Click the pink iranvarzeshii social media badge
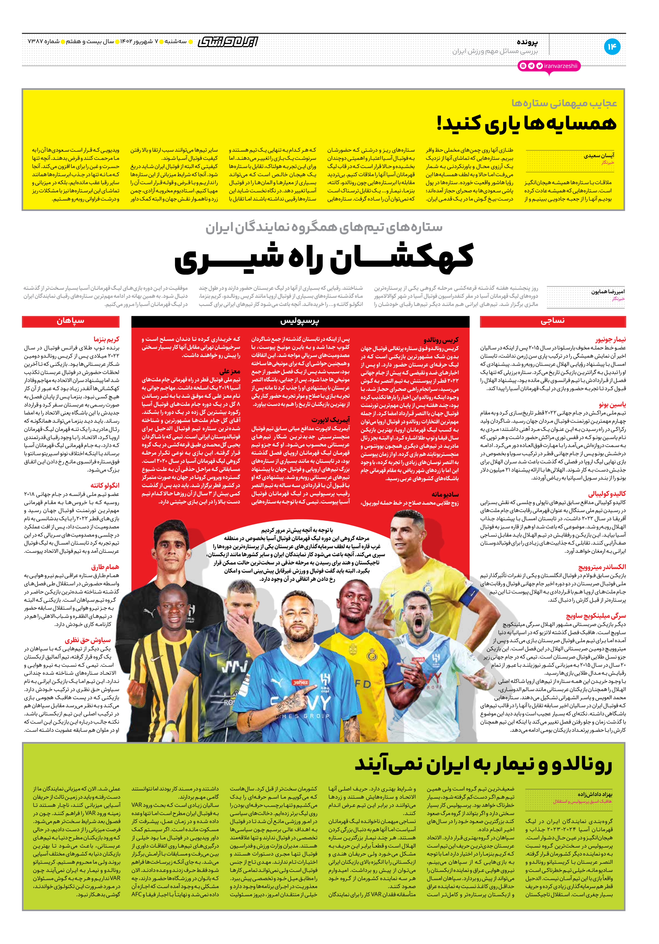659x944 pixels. click(x=549, y=66)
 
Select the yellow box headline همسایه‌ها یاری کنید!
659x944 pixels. click(x=527, y=123)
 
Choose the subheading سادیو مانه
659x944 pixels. click(x=445, y=494)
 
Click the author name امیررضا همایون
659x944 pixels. click(x=608, y=292)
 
